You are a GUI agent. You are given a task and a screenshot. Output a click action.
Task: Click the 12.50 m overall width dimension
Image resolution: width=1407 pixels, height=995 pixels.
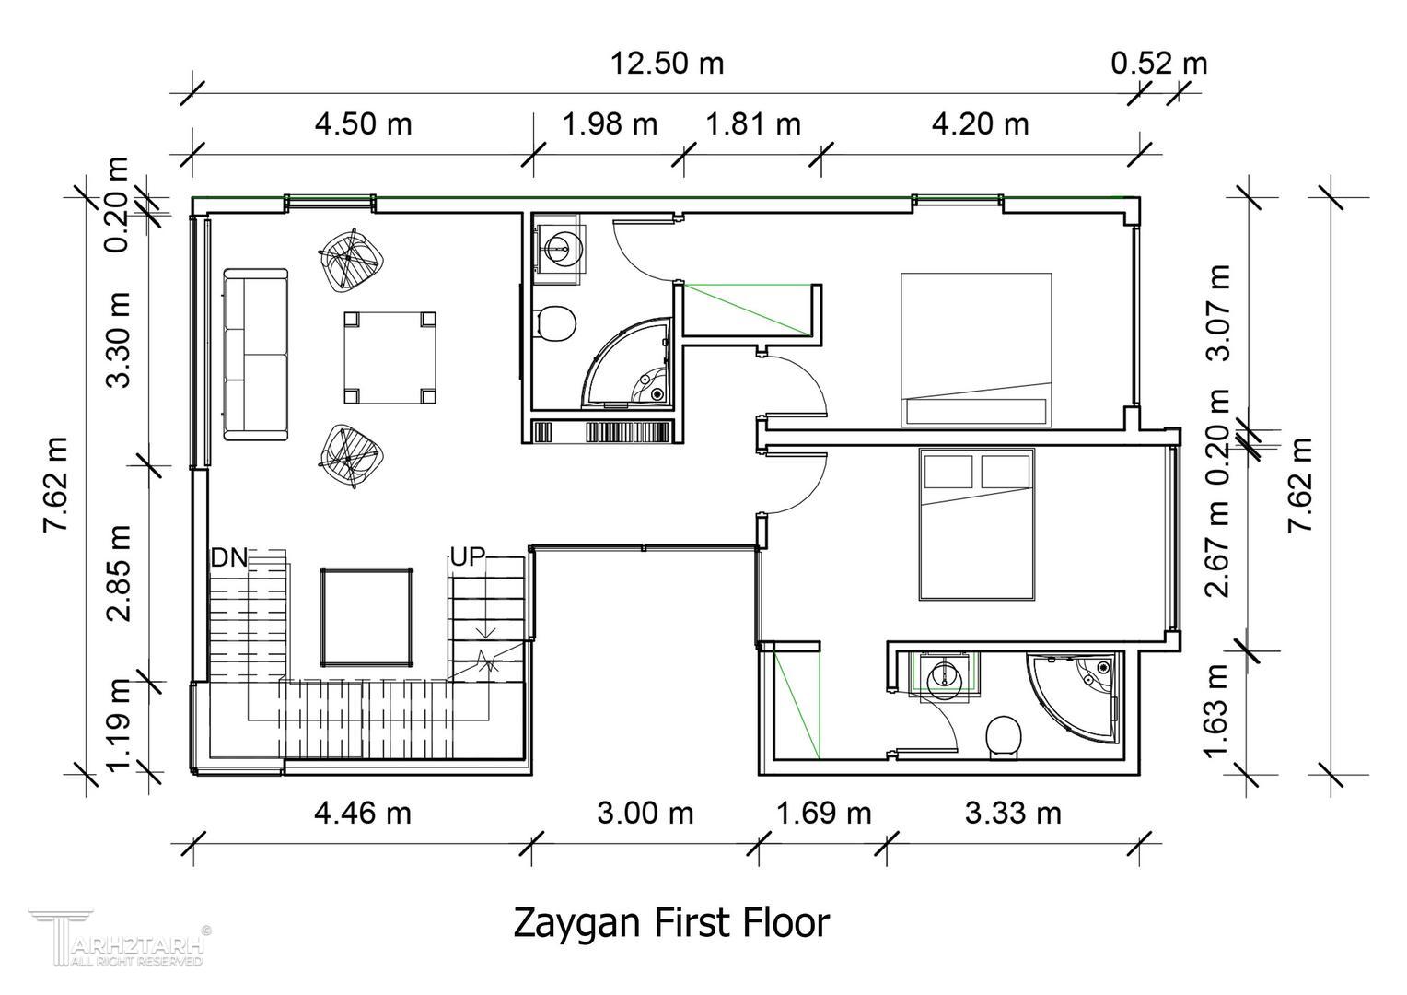coord(667,64)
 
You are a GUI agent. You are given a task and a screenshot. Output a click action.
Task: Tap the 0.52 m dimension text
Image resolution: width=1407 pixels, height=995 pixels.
coord(1159,64)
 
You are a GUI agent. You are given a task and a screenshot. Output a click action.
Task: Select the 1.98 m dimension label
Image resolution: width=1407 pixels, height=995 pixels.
coord(610,124)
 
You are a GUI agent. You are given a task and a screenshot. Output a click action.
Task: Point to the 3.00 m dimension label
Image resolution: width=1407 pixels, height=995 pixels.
coord(645,814)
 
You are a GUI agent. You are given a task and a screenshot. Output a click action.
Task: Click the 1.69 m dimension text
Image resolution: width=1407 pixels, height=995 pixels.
coord(824,814)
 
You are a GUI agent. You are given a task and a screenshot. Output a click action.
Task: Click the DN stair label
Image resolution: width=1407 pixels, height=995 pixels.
coord(228,557)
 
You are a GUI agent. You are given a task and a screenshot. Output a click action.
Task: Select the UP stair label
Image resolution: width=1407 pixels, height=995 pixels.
coord(468,556)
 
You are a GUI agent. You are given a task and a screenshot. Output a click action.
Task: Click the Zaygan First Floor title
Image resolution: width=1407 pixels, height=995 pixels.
coord(671,923)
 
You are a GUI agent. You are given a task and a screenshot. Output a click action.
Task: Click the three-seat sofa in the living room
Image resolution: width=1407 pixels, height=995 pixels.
coord(256,355)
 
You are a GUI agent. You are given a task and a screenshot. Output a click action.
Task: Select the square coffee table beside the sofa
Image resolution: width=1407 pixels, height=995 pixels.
coord(390,357)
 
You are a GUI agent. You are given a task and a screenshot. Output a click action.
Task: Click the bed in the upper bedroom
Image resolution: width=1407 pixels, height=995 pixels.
coord(976,349)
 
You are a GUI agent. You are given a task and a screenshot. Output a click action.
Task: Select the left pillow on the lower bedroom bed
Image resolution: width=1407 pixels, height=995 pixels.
coord(948,472)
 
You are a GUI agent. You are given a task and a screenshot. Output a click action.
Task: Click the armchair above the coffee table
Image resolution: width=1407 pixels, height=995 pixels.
coord(351,259)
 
